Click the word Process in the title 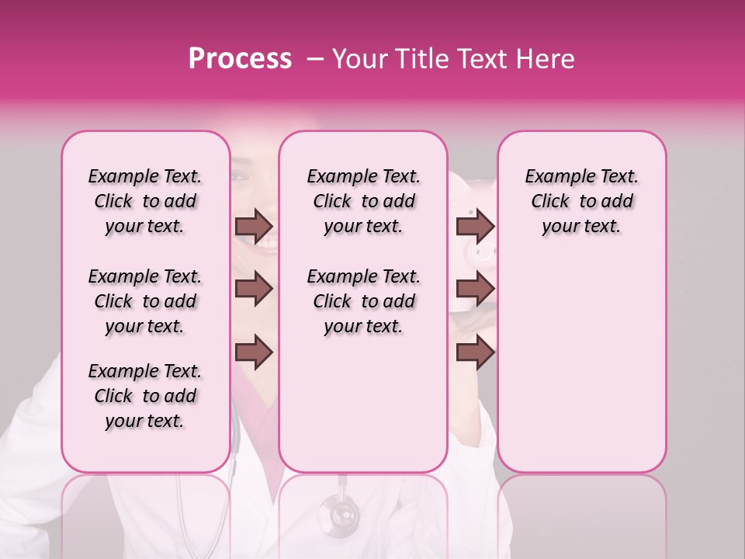pyautogui.click(x=239, y=59)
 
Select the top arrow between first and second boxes pyautogui.click(x=253, y=226)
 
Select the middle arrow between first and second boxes pyautogui.click(x=253, y=290)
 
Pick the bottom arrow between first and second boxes pyautogui.click(x=253, y=352)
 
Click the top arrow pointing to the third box pyautogui.click(x=474, y=226)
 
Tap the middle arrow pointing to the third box pyautogui.click(x=474, y=290)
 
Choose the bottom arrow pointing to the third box pyautogui.click(x=474, y=352)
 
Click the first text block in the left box pyautogui.click(x=145, y=201)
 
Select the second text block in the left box pyautogui.click(x=145, y=301)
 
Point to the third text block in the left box pyautogui.click(x=145, y=396)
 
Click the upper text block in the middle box pyautogui.click(x=363, y=201)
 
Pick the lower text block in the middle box pyautogui.click(x=363, y=301)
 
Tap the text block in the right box pyautogui.click(x=581, y=201)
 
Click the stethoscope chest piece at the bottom pyautogui.click(x=339, y=513)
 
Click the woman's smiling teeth pyautogui.click(x=264, y=243)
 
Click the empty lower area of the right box pyautogui.click(x=581, y=365)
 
